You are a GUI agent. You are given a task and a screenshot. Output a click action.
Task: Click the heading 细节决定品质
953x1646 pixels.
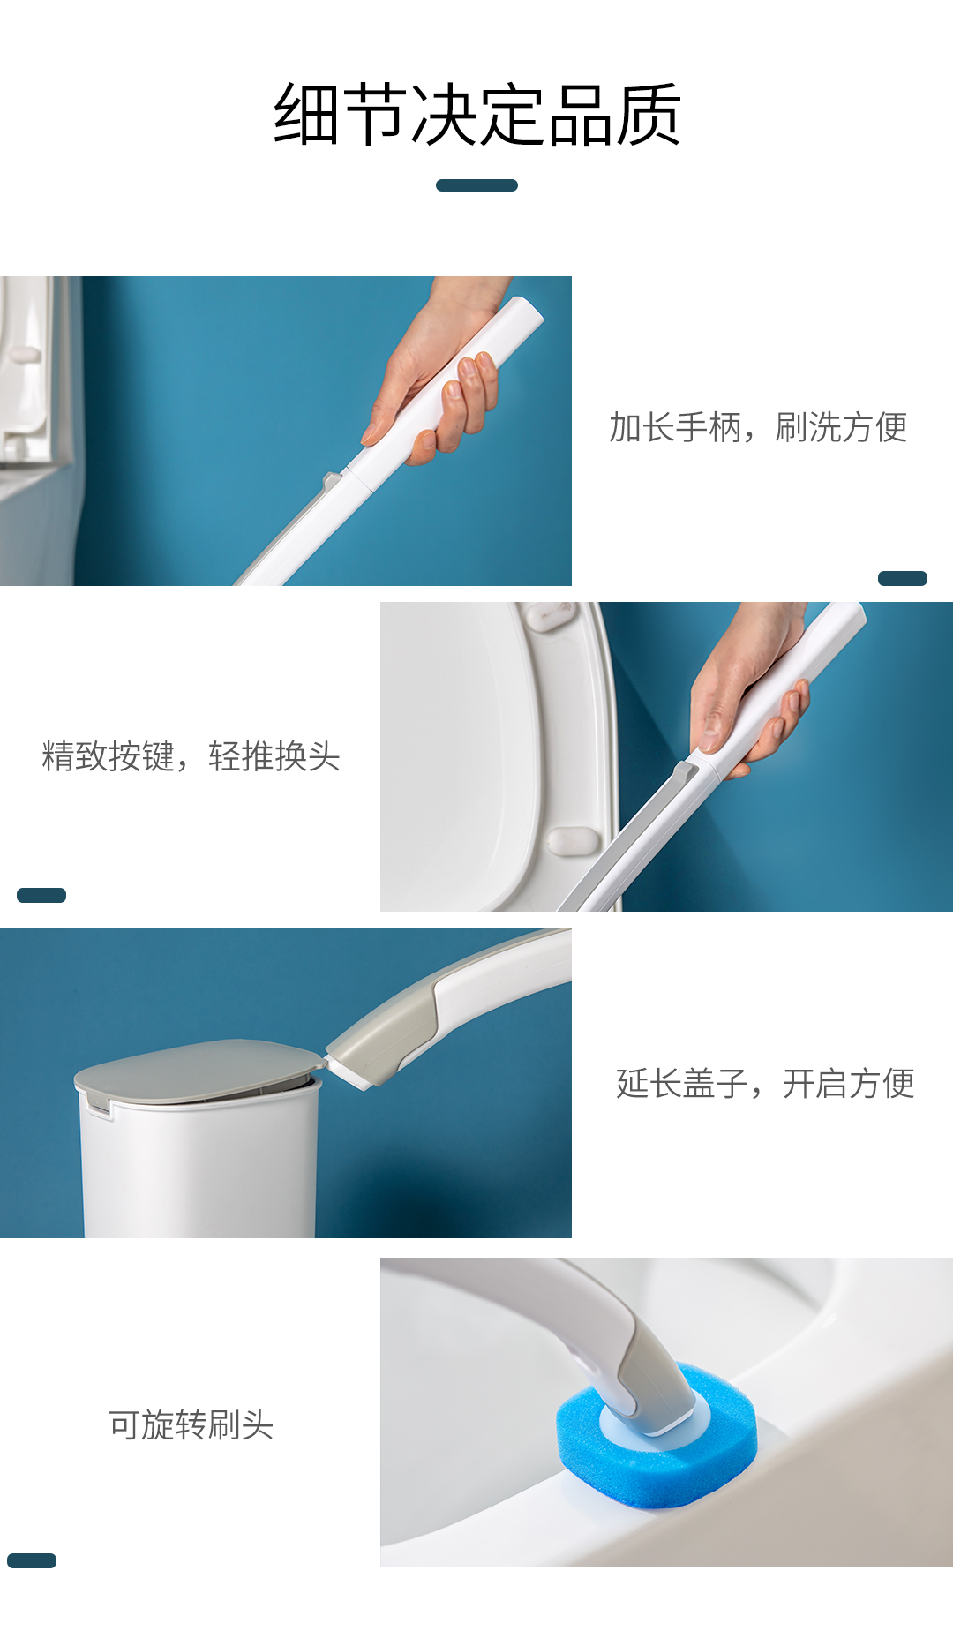(x=476, y=114)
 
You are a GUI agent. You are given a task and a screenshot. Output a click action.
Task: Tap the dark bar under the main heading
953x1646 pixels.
(x=476, y=185)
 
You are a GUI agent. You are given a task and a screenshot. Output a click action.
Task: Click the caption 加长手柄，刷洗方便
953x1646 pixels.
(x=758, y=427)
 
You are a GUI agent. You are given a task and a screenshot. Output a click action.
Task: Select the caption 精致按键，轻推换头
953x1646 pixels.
(x=191, y=756)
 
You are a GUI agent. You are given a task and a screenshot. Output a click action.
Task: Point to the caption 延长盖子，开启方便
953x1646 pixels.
(x=765, y=1084)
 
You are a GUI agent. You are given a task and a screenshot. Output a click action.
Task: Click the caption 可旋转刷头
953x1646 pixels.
(x=191, y=1424)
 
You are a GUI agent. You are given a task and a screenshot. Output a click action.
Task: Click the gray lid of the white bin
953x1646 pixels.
(x=199, y=1070)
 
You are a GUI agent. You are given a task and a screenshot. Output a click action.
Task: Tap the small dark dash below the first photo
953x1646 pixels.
(x=903, y=578)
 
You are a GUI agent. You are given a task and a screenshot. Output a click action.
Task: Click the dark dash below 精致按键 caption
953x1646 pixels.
(x=41, y=895)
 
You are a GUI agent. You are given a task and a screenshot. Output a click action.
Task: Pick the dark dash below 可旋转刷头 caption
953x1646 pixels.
(x=32, y=1560)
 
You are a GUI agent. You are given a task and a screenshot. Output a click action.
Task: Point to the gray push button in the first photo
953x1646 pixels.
(x=332, y=482)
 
